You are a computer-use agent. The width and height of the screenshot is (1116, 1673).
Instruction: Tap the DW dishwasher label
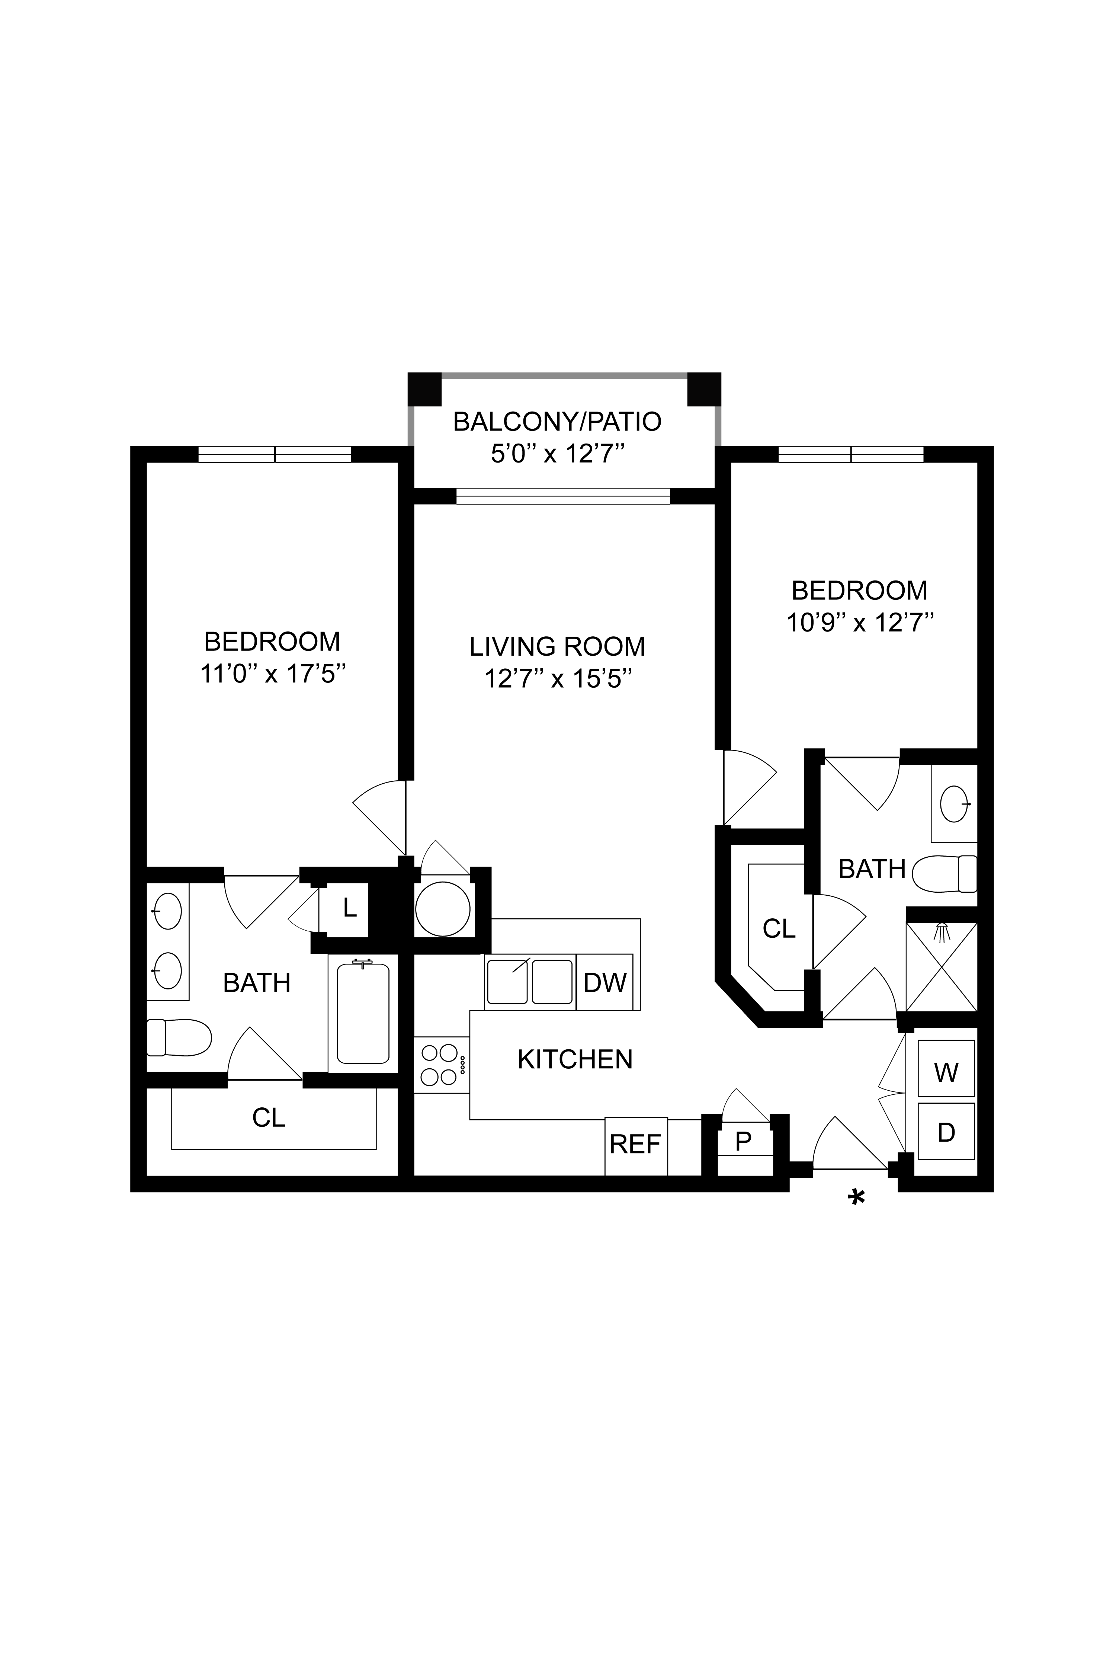605,982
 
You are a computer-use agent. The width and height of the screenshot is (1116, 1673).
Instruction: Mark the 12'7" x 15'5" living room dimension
558,678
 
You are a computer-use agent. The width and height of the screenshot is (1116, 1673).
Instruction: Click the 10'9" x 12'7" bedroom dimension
860,623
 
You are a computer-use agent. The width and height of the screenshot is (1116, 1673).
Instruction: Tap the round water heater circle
443,909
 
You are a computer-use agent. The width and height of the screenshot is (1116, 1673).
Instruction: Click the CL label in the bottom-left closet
268,1118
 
